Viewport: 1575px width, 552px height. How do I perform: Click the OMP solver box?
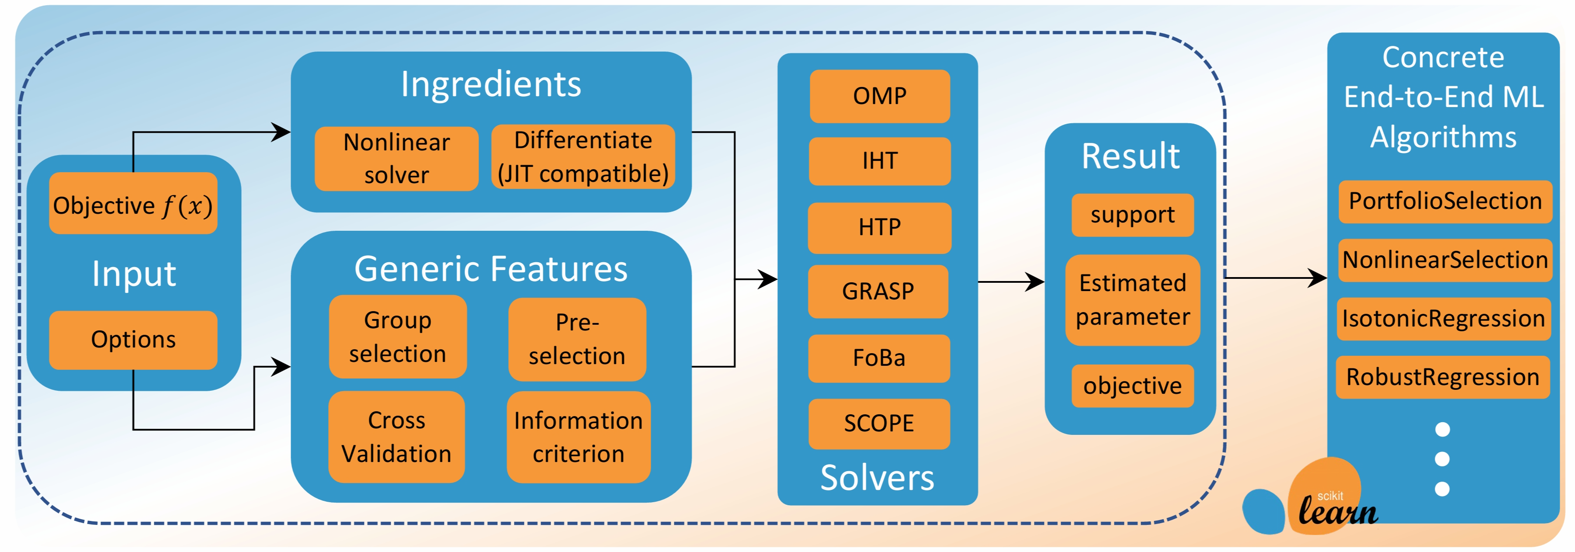pos(879,96)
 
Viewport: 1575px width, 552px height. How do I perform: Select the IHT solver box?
pos(879,161)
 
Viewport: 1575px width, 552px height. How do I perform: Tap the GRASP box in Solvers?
pos(878,291)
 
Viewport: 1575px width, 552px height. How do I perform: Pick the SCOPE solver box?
pos(878,423)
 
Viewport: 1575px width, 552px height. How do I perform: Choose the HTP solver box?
pos(879,227)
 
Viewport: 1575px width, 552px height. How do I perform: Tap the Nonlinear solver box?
pos(396,158)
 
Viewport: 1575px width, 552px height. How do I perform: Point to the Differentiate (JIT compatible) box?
pos(583,157)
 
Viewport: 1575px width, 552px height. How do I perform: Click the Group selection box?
pos(397,337)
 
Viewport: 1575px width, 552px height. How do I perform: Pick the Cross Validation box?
pos(396,437)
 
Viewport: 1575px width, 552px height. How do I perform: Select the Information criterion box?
pos(578,437)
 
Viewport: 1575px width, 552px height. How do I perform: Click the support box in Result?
pos(1132,215)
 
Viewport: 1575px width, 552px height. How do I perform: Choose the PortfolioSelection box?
pos(1445,201)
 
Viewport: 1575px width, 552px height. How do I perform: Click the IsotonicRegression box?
pos(1443,319)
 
